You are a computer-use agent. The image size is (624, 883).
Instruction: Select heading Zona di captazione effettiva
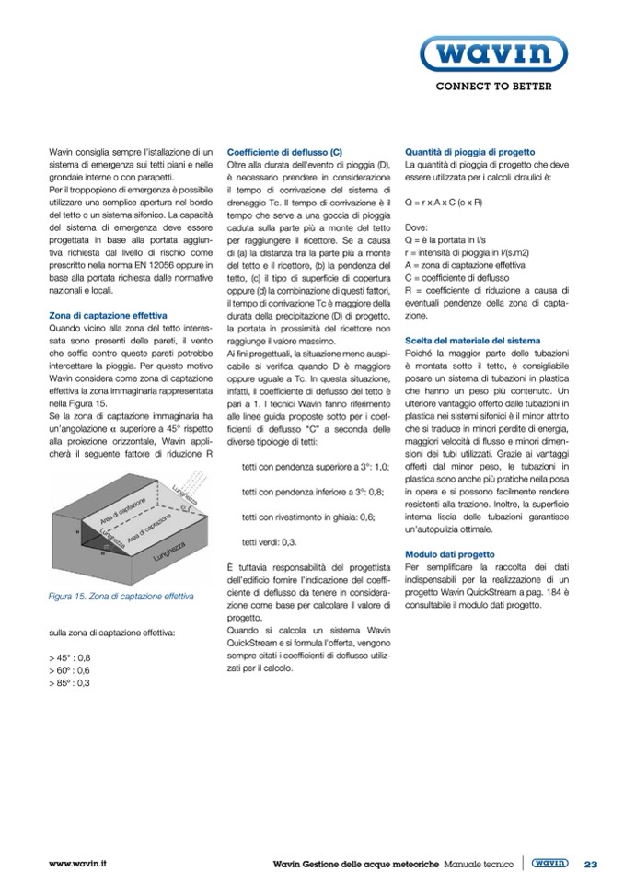(101, 316)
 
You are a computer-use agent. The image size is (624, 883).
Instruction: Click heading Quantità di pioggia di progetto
(470, 151)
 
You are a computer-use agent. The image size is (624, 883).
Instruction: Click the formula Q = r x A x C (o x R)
(445, 200)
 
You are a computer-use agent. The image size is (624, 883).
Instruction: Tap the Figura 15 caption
(121, 596)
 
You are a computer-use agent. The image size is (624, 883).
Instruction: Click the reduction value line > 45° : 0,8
(70, 658)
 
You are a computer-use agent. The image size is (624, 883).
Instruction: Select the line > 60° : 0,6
(70, 670)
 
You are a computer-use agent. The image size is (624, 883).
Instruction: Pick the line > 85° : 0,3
(70, 683)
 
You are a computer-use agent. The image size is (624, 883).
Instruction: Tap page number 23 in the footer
(592, 864)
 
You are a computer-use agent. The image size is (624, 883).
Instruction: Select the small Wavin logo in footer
(549, 864)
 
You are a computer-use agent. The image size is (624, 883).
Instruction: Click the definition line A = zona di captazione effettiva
(464, 263)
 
